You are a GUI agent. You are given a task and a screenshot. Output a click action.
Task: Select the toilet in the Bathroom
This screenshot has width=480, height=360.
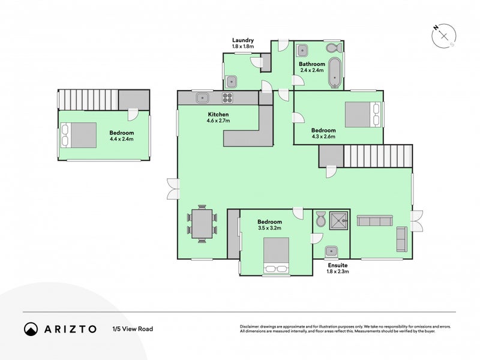click(x=332, y=48)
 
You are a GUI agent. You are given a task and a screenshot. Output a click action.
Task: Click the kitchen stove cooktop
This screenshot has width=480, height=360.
click(x=228, y=97)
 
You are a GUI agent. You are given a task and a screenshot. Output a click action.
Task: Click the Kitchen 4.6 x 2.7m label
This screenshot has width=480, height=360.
click(x=218, y=117)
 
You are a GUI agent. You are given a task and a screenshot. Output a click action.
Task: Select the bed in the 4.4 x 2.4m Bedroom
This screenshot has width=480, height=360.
click(x=79, y=135)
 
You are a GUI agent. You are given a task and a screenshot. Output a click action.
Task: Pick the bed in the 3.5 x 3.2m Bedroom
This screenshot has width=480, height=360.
click(x=276, y=254)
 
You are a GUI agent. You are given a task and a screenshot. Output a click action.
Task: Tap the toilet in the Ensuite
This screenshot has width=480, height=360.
click(x=320, y=220)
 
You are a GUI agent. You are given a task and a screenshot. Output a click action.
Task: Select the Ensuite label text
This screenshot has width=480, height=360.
click(x=337, y=265)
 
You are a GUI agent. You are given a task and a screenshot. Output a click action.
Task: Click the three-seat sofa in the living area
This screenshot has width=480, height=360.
click(x=375, y=221)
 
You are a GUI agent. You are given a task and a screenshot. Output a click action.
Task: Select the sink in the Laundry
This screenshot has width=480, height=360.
click(x=234, y=79)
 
